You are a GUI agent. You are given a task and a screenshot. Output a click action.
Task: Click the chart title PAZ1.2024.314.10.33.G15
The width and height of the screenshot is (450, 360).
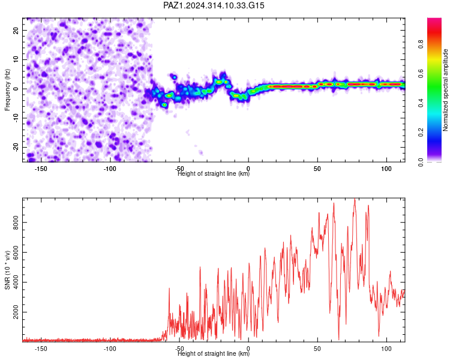coord(214,5)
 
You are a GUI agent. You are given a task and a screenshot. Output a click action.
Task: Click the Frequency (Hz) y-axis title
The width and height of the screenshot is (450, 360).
coord(7,90)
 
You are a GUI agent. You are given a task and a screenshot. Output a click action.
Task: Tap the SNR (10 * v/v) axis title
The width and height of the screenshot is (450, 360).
coord(7,270)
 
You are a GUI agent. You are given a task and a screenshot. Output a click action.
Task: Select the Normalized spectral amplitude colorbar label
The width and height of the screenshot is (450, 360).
coord(445,90)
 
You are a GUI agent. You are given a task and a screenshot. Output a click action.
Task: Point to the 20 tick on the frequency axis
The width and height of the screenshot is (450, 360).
coord(16,30)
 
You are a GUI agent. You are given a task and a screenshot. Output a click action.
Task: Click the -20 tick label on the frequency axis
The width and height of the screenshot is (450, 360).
coord(16,148)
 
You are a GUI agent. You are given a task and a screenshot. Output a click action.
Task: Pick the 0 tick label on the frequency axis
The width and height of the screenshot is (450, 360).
coord(16,89)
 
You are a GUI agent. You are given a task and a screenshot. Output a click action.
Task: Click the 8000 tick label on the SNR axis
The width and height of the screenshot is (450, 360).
coord(16,223)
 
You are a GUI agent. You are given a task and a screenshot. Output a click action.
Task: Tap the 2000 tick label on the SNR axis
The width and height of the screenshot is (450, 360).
coord(16,312)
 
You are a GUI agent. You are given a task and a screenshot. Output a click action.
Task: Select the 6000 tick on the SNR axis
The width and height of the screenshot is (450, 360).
coord(16,253)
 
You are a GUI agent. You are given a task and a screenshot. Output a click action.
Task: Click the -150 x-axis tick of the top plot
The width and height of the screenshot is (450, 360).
coord(41,169)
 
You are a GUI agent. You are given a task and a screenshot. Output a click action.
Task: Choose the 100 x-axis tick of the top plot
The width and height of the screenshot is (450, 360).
coord(386,169)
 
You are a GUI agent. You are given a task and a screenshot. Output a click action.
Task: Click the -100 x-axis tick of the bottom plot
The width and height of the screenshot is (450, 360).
coord(110,349)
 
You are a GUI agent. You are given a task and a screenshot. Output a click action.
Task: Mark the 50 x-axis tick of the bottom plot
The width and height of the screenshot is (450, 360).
coord(317,349)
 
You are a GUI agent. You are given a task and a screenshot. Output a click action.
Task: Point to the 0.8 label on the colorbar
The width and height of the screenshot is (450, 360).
coord(421,44)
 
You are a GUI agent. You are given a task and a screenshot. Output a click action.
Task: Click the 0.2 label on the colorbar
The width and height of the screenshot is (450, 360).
coord(421,133)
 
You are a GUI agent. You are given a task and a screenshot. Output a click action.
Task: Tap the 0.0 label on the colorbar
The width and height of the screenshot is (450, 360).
coord(421,162)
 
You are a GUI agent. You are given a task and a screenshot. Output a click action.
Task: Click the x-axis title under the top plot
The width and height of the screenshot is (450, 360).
coord(214,173)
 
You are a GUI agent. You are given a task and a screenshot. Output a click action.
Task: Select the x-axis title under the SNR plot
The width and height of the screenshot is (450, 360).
coord(214,353)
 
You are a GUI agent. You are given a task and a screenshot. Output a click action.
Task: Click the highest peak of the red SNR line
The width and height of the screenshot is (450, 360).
coord(355,199)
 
